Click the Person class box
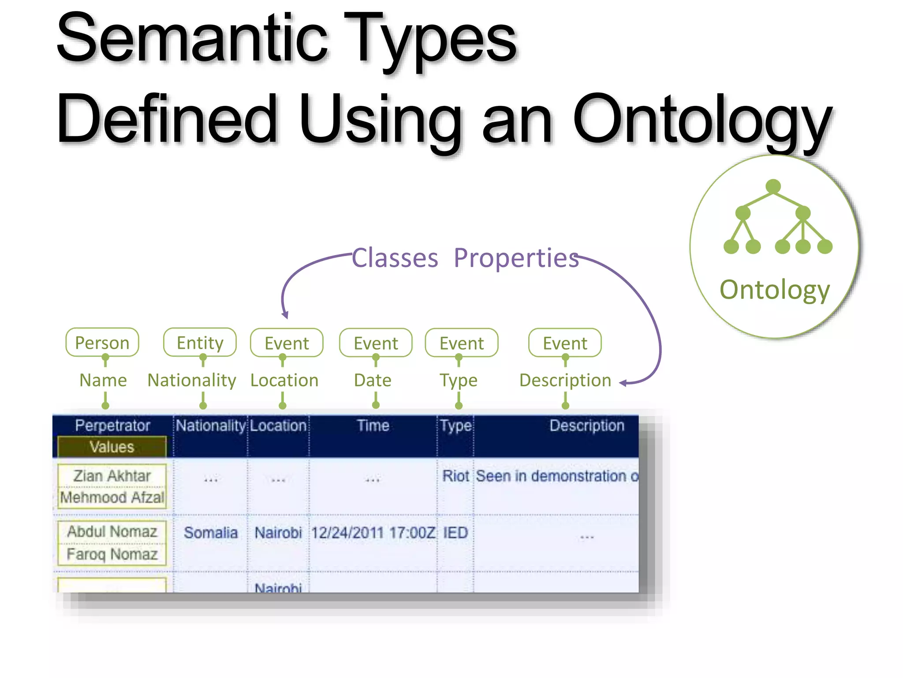[102, 343]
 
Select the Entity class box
[200, 343]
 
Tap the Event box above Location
[287, 343]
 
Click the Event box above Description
[565, 343]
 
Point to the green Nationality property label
[192, 380]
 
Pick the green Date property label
[373, 380]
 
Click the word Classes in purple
[395, 258]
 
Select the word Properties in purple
[516, 258]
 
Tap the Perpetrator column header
[112, 426]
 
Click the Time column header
[373, 426]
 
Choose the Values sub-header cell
[112, 447]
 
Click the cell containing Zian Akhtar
[112, 476]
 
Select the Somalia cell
[210, 533]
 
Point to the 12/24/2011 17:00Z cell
[373, 533]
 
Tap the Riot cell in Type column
[455, 476]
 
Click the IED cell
[455, 533]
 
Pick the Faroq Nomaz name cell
[112, 554]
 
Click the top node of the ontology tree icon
[773, 186]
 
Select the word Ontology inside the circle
[775, 290]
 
